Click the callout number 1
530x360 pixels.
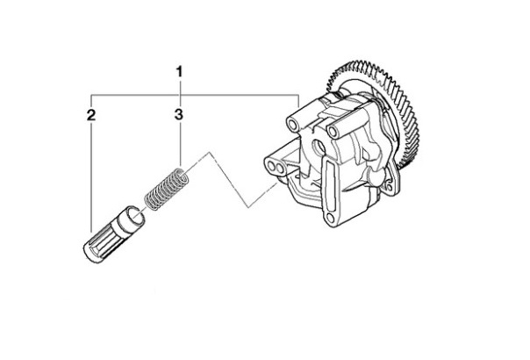click(x=180, y=72)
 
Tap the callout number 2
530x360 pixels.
click(x=91, y=115)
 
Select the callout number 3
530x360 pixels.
click(x=179, y=114)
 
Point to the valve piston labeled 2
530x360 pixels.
click(x=114, y=234)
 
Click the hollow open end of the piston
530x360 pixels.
click(x=135, y=217)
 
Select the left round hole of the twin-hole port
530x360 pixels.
click(x=271, y=166)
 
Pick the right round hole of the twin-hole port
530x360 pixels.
click(x=279, y=168)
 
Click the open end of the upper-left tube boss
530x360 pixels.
click(x=291, y=125)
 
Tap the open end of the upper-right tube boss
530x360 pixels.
click(x=333, y=132)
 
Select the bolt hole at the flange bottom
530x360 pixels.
click(x=331, y=217)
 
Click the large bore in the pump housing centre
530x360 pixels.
click(x=318, y=147)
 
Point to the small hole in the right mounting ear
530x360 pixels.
click(x=389, y=187)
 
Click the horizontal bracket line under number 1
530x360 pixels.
click(x=195, y=95)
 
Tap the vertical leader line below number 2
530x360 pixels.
click(x=91, y=176)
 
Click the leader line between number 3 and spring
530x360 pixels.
click(x=180, y=145)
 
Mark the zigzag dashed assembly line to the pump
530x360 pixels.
click(x=230, y=180)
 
